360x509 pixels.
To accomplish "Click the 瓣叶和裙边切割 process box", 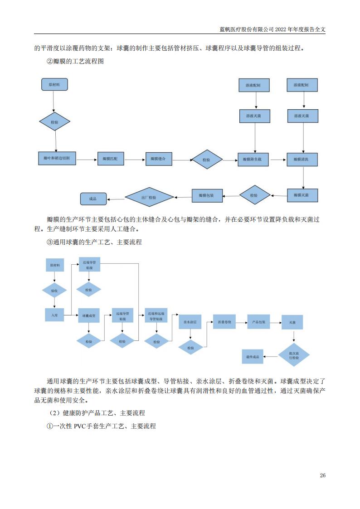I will (x=56, y=159).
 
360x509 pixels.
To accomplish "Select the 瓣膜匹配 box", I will (x=110, y=159).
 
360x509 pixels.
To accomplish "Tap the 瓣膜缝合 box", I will (x=158, y=159).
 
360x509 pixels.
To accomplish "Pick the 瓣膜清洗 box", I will (x=302, y=160).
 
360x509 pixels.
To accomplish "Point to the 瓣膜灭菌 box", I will (x=302, y=195).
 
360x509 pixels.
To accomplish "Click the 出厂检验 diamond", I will (x=149, y=197).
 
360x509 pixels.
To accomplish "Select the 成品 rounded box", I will (x=93, y=199).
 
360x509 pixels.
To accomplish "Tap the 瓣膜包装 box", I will (x=206, y=195).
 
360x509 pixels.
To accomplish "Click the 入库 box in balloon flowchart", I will (x=54, y=314).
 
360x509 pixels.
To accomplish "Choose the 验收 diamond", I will (x=54, y=291).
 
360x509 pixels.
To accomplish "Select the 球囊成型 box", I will (x=88, y=315).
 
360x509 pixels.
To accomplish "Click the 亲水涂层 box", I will (x=190, y=322).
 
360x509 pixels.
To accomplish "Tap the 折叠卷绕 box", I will (x=224, y=322).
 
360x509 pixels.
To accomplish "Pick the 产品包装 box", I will (x=258, y=322).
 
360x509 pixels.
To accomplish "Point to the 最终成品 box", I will (x=253, y=357).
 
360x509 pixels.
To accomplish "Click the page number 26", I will (x=322, y=475).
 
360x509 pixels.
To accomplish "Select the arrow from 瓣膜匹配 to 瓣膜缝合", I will (x=134, y=159).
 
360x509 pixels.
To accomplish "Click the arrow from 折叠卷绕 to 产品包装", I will (x=241, y=322).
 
